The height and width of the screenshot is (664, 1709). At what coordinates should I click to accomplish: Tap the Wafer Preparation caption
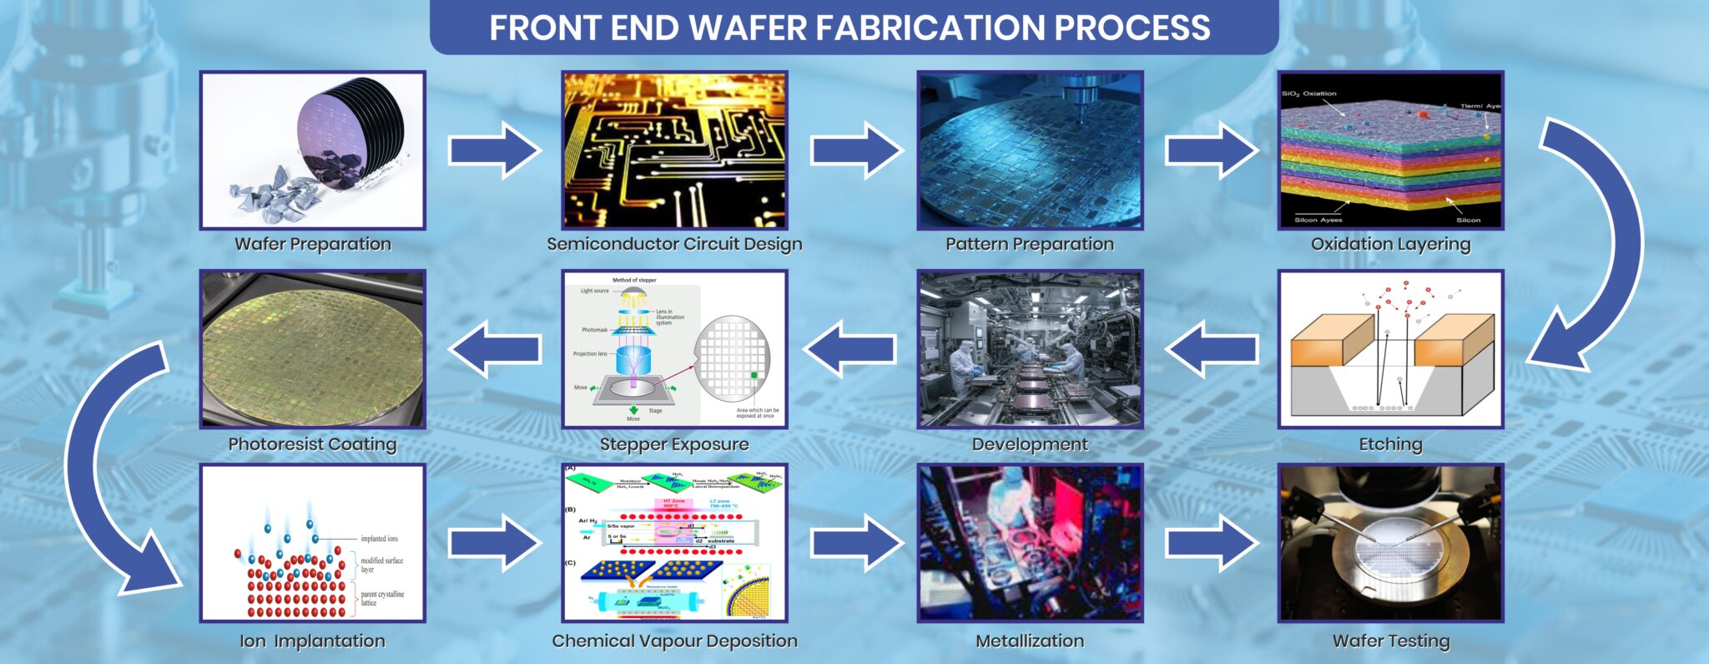[x=312, y=244]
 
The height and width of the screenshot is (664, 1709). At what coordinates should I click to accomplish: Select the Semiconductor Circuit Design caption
[x=674, y=244]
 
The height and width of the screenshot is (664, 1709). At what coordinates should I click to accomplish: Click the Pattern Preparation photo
[x=1030, y=150]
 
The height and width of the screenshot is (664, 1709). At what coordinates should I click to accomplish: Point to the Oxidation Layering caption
[x=1390, y=244]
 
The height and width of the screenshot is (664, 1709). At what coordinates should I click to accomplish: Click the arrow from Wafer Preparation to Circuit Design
[x=493, y=150]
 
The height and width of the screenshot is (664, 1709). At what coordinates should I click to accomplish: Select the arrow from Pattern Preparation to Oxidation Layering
[x=1211, y=150]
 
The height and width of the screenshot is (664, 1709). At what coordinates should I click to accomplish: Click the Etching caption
[x=1390, y=444]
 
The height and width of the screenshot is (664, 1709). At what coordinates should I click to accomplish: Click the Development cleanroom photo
[x=1030, y=349]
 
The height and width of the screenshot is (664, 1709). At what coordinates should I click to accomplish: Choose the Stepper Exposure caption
[x=674, y=444]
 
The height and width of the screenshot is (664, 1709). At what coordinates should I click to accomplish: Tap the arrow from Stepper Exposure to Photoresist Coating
[x=495, y=349]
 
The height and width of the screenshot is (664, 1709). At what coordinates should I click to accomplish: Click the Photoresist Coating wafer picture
[x=312, y=349]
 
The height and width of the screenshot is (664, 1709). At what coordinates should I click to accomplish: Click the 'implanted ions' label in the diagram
[x=379, y=539]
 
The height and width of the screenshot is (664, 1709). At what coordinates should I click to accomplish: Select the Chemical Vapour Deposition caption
[x=674, y=641]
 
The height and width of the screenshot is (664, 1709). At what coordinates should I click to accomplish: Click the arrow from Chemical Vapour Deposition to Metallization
[x=856, y=543]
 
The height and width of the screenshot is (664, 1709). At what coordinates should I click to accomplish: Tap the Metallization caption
[x=1030, y=641]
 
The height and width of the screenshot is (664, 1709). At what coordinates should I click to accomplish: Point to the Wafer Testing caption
[x=1390, y=641]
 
